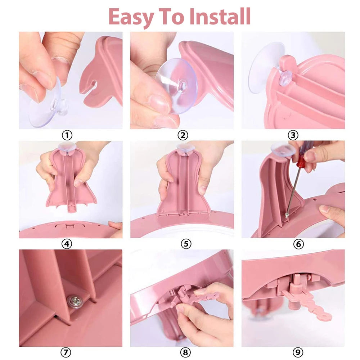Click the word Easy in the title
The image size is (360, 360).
[131, 17]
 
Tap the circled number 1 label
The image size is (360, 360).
[67, 135]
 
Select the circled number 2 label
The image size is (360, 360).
[183, 135]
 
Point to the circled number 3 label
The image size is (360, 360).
[293, 135]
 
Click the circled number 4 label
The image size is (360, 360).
[67, 244]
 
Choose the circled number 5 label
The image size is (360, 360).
[186, 244]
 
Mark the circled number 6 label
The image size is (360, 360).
[298, 244]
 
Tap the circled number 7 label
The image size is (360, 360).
[66, 352]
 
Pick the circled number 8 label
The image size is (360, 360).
[185, 352]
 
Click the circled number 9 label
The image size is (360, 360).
[298, 352]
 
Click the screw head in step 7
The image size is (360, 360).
[74, 301]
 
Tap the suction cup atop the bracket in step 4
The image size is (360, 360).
[67, 147]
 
